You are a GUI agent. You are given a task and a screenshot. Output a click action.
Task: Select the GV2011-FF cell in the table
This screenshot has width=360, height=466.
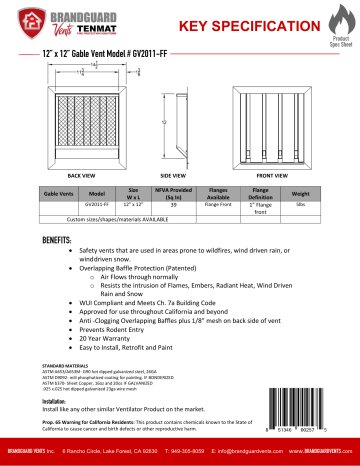(96, 203)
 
